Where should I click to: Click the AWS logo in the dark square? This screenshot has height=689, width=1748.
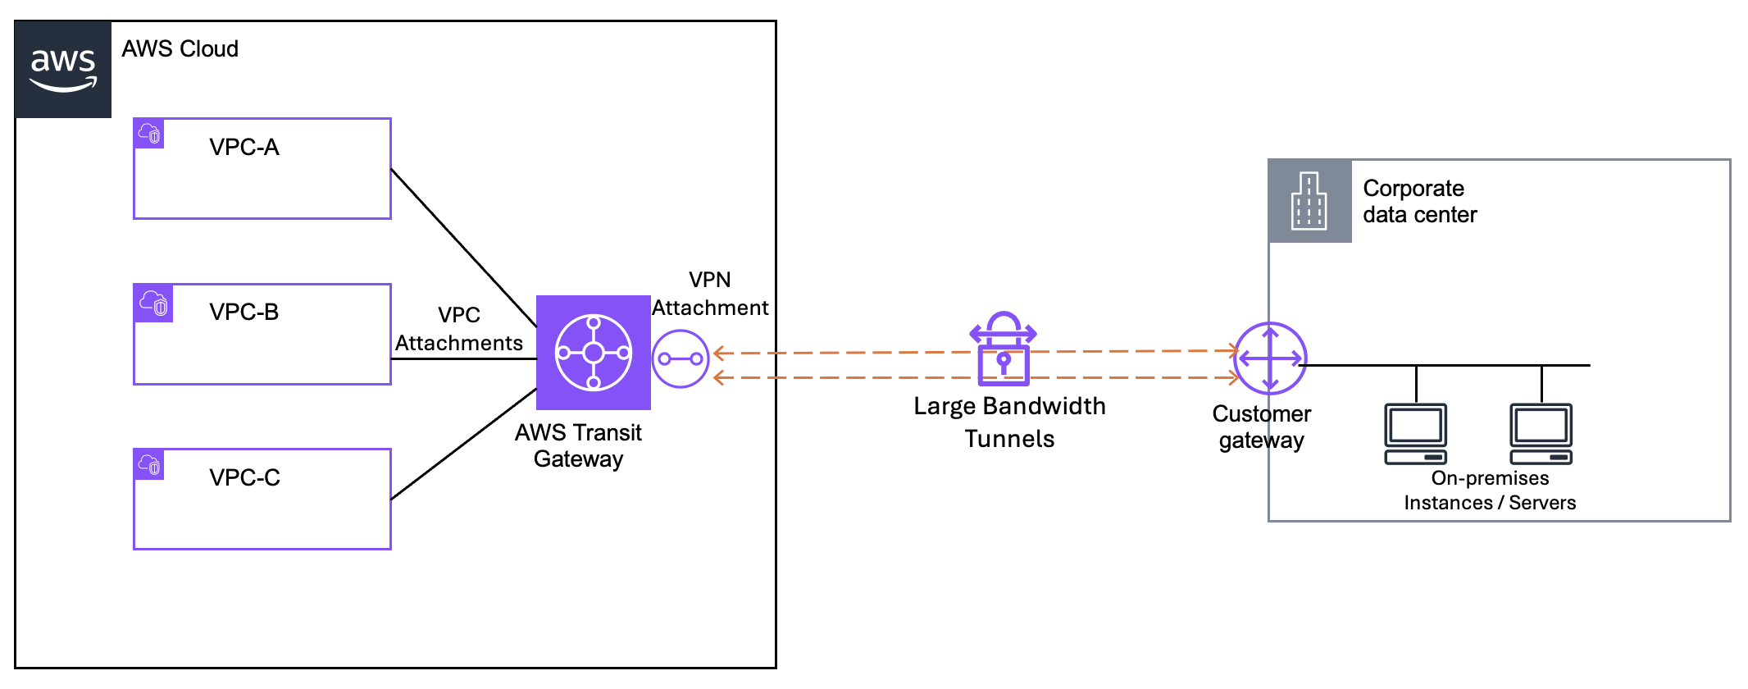[63, 70]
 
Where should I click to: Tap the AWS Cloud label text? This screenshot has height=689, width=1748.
[180, 49]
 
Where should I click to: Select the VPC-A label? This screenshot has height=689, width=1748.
[244, 148]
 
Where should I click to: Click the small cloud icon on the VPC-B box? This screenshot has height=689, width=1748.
[153, 303]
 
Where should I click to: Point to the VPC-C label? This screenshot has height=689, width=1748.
[244, 477]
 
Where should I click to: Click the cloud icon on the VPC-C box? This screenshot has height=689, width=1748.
[149, 464]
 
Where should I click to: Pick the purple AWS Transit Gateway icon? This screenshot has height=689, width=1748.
[593, 353]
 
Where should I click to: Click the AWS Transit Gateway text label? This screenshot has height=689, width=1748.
[578, 445]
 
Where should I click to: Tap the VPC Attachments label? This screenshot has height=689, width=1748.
[458, 329]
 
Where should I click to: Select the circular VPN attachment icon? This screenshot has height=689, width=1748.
[681, 359]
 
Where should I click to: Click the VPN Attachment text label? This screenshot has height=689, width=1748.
[710, 294]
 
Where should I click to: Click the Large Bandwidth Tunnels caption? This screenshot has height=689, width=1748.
[1009, 422]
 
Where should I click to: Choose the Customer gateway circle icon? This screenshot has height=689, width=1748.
[1270, 358]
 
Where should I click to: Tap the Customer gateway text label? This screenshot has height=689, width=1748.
[1262, 427]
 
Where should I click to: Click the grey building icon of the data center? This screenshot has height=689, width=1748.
[1309, 201]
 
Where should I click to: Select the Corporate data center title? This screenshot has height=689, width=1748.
[1419, 202]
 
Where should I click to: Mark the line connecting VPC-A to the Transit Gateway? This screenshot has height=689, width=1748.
[463, 247]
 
